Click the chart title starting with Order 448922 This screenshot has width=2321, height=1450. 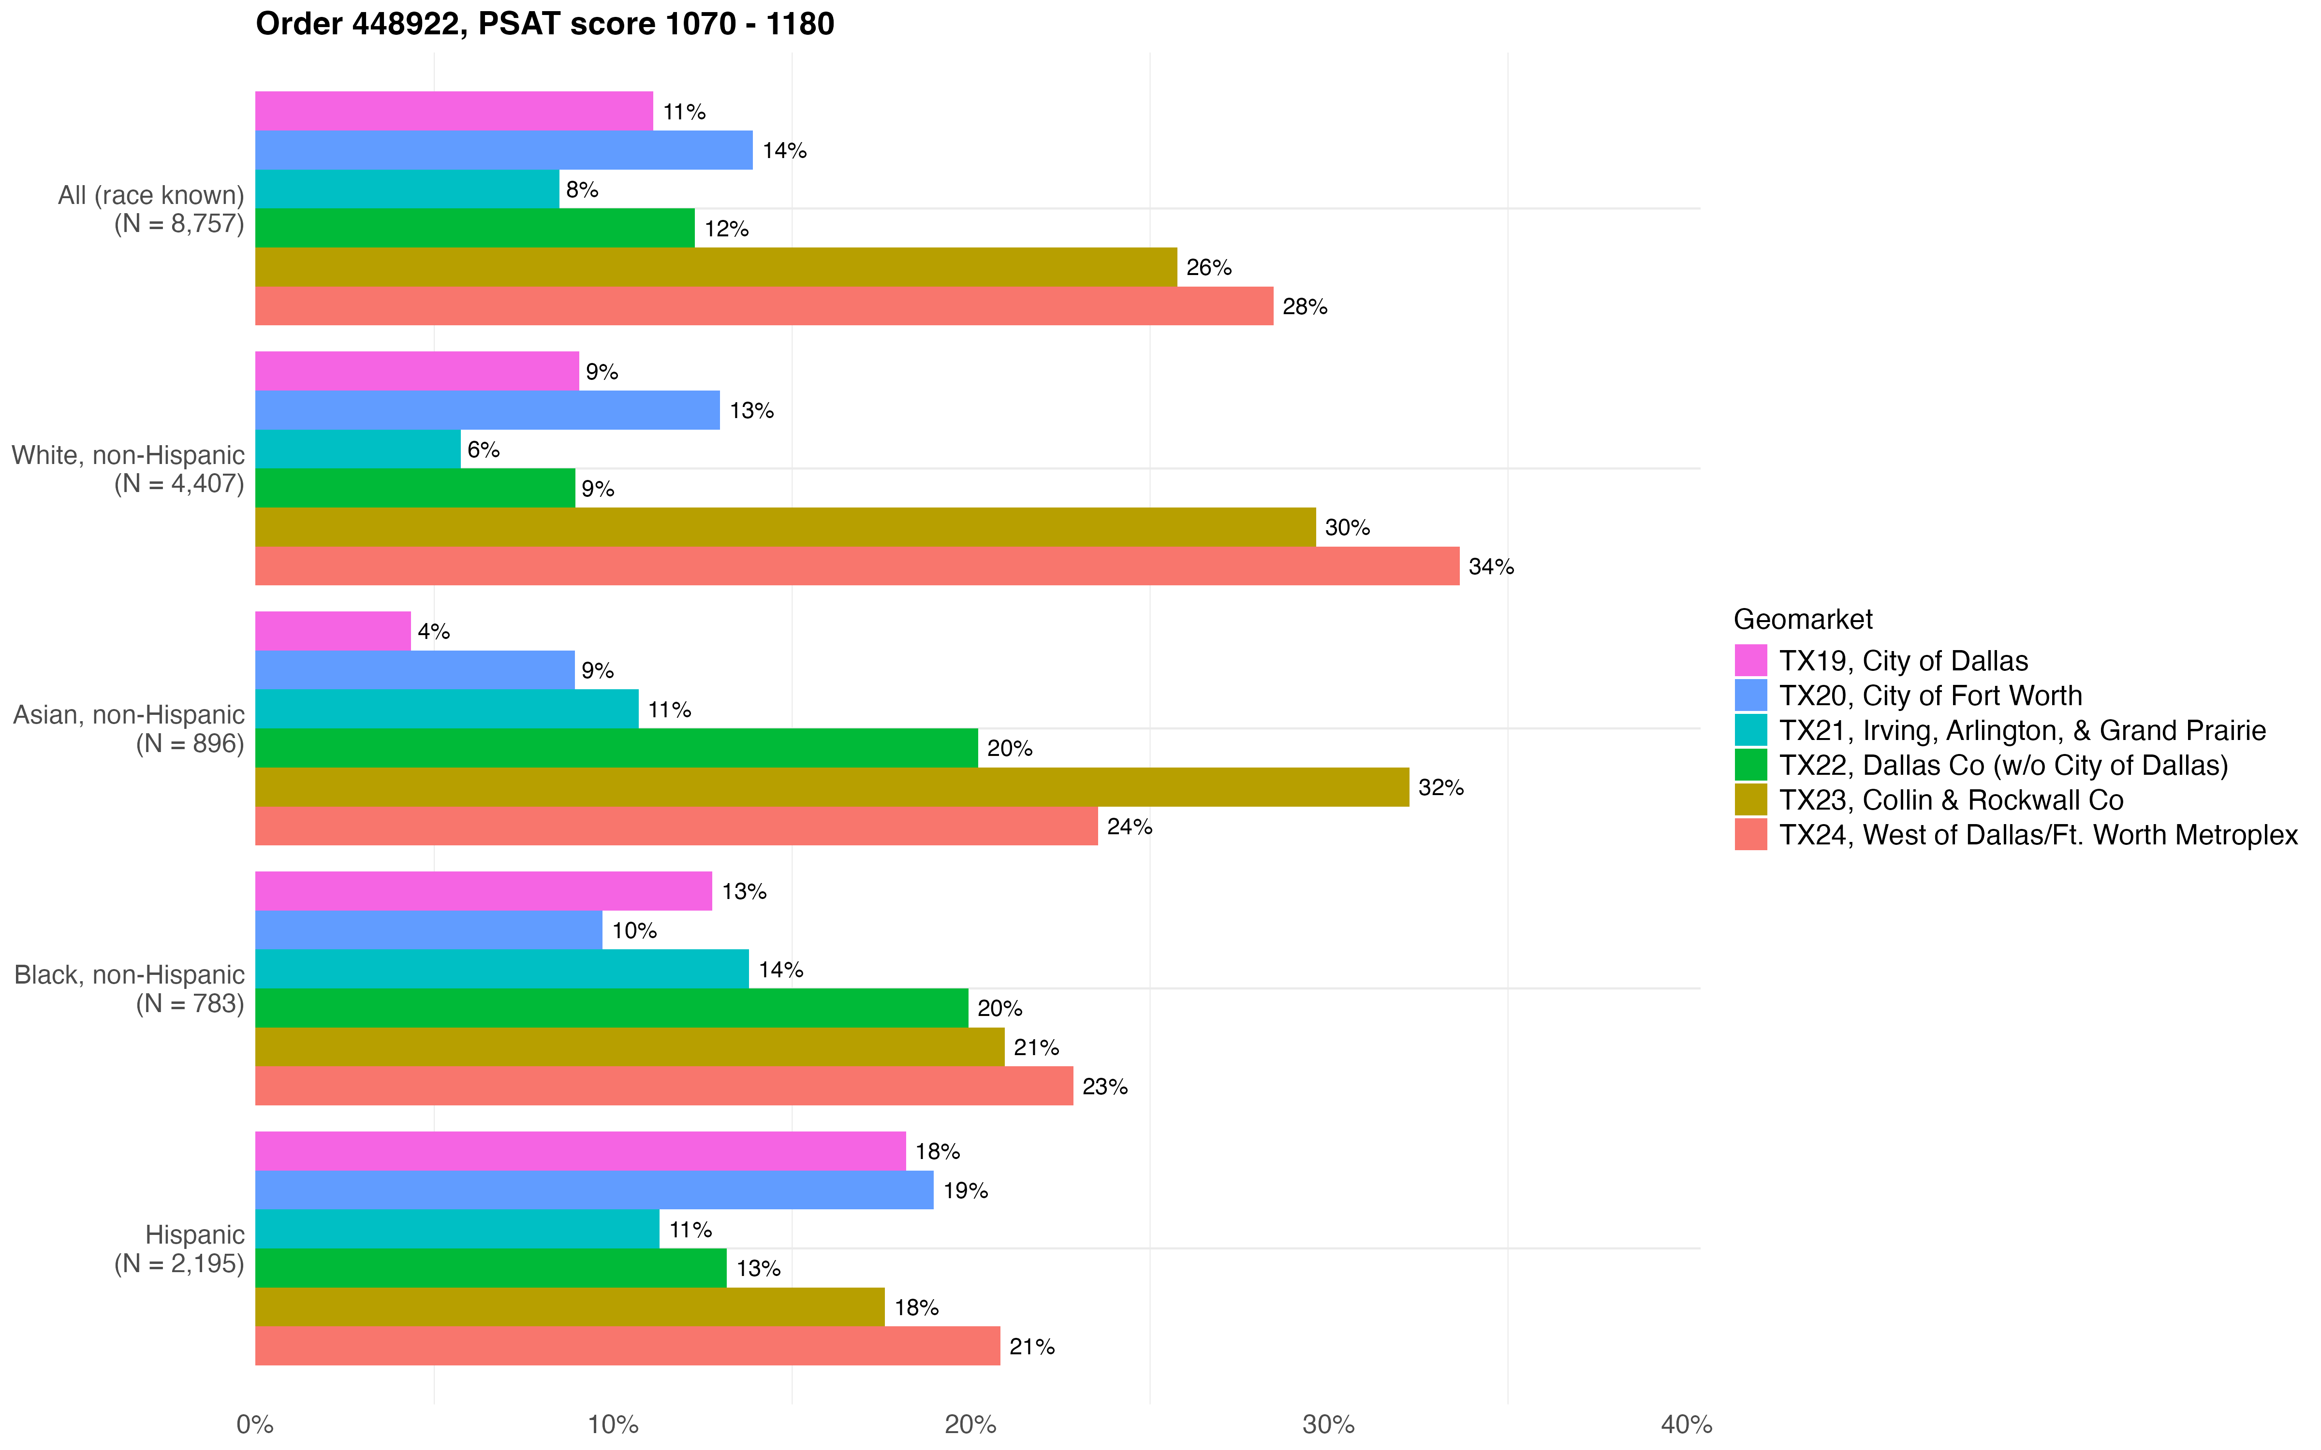point(545,24)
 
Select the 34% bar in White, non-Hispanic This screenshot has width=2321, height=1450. point(856,566)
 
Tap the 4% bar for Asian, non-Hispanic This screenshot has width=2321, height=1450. point(333,631)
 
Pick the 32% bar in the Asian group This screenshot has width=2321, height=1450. point(832,787)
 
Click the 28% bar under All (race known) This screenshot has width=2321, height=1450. point(764,306)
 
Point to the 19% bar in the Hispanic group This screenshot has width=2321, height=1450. point(594,1190)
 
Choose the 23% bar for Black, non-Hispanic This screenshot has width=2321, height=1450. point(664,1086)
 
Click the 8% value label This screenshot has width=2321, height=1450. point(582,190)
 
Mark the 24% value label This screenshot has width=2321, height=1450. point(1129,826)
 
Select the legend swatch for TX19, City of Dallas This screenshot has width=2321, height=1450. point(1750,661)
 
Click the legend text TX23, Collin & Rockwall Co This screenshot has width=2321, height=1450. point(1951,800)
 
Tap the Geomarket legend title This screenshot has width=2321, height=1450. point(1802,620)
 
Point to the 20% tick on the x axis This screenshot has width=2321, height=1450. point(970,1424)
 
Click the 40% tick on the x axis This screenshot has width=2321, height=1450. point(1686,1424)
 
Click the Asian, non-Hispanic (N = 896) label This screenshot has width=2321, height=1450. point(130,729)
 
